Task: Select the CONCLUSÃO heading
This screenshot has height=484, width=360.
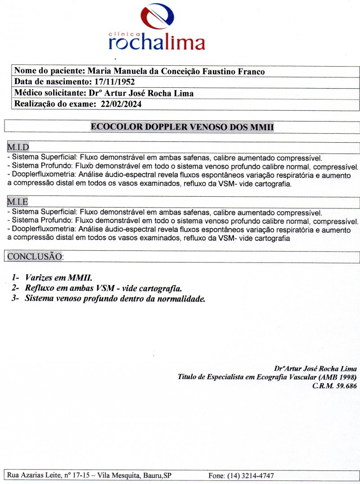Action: coord(34,257)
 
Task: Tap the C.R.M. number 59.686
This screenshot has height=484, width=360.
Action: coord(343,386)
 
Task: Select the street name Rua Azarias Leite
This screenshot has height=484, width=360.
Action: coord(34,475)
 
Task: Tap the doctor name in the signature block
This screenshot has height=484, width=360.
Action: coord(315,368)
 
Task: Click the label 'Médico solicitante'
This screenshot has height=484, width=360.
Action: coord(47,93)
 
